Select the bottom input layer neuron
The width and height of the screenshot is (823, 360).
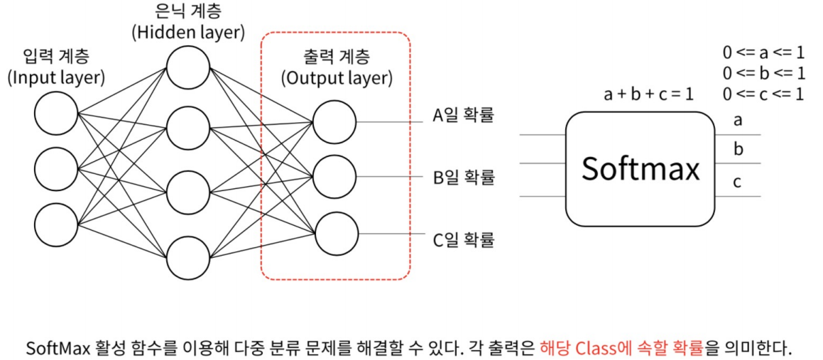point(56,224)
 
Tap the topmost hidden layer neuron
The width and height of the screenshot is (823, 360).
point(188,68)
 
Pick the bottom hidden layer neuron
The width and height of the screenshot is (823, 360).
point(188,257)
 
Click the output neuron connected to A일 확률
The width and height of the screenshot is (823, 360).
point(334,121)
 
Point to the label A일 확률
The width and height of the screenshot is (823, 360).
point(463,115)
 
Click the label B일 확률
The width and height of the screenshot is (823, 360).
point(463,177)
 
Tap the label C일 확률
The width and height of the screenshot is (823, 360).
point(463,239)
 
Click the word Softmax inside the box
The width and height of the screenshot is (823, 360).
point(641,169)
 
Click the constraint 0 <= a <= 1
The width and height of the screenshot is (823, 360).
point(763,53)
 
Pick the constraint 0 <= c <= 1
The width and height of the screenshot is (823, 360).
point(763,93)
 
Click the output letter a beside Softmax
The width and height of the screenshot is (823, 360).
point(738,120)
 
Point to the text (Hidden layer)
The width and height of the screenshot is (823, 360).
point(188,32)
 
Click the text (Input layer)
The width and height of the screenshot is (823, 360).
point(56,77)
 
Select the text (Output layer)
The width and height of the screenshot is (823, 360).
point(337,77)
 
